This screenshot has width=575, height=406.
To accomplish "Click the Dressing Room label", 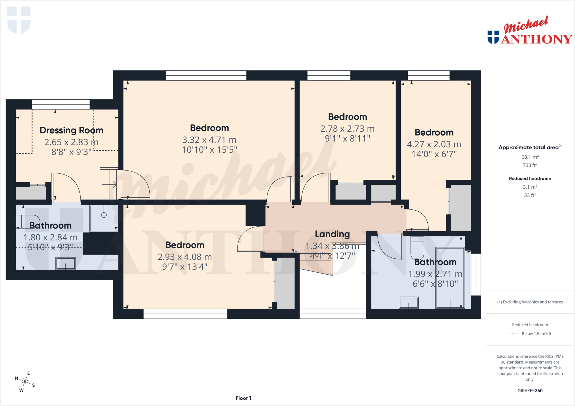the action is coord(71,130).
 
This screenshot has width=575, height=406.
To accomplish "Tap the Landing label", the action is coord(332,234).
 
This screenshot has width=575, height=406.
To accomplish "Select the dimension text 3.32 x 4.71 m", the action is coord(209,140).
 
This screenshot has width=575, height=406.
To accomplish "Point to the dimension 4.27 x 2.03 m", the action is coord(434,144).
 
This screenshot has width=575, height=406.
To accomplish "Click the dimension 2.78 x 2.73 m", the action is coord(347,129).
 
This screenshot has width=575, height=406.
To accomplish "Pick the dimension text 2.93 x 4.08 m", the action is coord(184,257).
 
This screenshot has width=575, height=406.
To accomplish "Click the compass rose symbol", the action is coord(25,382).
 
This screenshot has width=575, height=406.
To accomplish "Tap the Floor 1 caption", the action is coord(243,398).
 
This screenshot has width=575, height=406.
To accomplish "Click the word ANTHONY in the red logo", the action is coord(537,39).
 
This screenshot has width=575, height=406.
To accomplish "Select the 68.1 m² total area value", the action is coord(530,157).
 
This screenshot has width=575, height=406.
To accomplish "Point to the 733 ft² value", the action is coord(530,165).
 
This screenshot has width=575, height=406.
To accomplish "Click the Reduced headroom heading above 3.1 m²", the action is coord(530,179).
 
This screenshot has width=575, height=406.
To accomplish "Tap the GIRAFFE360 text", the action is coord(530,391).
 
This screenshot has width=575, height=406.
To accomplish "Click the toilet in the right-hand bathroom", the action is coord(417,247).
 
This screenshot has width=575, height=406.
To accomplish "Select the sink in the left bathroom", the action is coord(65,263).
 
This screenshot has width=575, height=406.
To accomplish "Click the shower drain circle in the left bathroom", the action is coord(104,215).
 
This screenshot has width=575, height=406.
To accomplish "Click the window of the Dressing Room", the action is coord(61,104).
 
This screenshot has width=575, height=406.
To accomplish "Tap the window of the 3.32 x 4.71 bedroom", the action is coord(206,76).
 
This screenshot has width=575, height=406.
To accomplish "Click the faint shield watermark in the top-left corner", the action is coord(19,20).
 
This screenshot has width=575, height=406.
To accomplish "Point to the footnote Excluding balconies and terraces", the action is coord(530,302).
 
